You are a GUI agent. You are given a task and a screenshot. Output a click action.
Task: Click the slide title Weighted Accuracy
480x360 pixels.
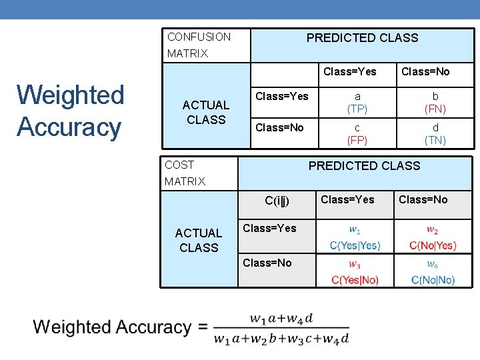click(x=71, y=111)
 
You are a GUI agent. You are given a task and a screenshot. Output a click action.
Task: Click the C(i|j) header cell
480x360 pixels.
click(x=277, y=200)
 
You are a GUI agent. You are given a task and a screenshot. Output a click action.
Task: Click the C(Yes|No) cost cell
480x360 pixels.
click(x=355, y=273)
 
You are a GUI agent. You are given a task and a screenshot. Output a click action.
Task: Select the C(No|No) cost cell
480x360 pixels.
click(x=433, y=273)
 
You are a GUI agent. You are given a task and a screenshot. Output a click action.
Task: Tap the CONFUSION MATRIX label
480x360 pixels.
click(x=199, y=45)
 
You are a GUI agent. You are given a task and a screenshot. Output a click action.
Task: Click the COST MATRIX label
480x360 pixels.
click(x=185, y=173)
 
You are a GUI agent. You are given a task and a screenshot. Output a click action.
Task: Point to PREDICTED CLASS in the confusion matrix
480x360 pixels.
click(x=362, y=38)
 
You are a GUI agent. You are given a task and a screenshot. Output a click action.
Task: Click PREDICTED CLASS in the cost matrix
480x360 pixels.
click(x=364, y=165)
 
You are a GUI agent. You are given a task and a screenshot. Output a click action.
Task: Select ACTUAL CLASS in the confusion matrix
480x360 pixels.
click(x=206, y=112)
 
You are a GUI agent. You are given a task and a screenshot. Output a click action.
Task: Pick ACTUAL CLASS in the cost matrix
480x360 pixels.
click(x=198, y=240)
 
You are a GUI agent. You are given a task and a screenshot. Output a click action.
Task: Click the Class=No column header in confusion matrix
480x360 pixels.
click(x=425, y=71)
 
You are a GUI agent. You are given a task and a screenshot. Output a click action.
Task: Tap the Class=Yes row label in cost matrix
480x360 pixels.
click(x=269, y=228)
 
